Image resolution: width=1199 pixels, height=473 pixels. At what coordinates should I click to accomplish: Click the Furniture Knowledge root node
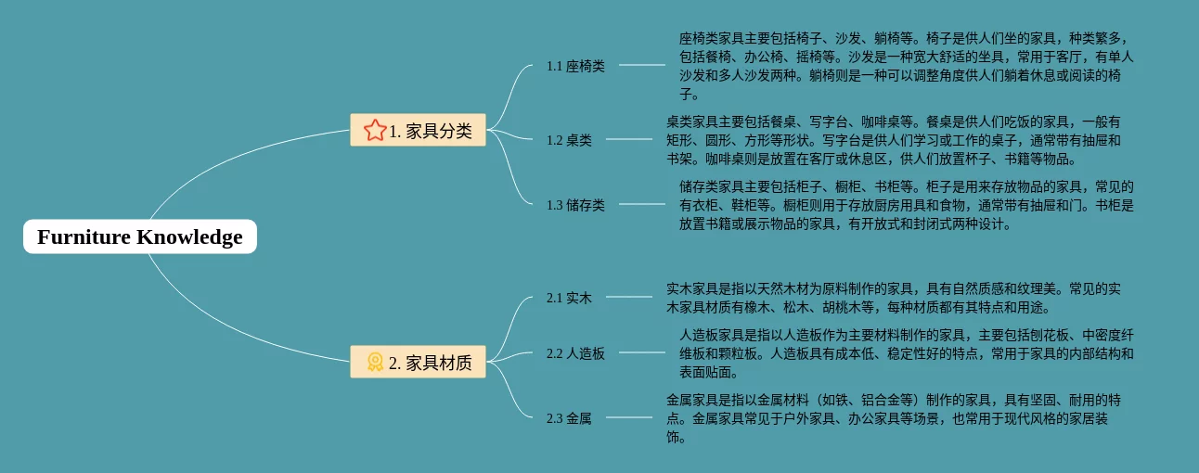coord(139,237)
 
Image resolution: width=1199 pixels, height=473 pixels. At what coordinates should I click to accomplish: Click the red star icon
coord(374,131)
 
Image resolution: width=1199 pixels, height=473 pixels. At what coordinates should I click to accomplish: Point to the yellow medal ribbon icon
coord(374,363)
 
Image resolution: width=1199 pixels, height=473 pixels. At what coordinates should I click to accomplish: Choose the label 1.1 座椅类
coord(575,66)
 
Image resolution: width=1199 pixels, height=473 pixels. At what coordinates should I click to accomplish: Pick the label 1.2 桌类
coord(569,140)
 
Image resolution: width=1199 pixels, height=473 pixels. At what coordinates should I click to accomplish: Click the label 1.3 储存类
coord(575,205)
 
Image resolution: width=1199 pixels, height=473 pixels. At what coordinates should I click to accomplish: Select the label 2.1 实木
coord(569,298)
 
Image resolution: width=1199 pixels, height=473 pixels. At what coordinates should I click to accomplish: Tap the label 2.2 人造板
coord(575,353)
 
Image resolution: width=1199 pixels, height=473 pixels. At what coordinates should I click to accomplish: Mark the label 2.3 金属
coord(569,418)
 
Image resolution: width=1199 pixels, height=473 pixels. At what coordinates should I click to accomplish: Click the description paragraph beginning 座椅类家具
coord(905,66)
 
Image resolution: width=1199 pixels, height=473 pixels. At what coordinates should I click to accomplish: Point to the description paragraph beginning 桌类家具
coord(894,140)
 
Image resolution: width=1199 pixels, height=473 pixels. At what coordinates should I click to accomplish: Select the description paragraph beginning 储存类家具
coord(905,205)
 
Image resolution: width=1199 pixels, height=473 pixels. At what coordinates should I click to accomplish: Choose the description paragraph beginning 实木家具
coord(894,298)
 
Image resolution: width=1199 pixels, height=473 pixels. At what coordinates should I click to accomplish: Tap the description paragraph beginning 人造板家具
coord(905,353)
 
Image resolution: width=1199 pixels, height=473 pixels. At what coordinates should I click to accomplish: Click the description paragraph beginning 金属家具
coord(894,418)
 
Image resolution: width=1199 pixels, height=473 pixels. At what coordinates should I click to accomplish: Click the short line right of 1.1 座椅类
coord(641,65)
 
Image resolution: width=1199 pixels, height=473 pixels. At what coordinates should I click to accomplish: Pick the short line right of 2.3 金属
coord(628,417)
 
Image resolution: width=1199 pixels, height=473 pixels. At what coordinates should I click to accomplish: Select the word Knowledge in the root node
coord(189,237)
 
